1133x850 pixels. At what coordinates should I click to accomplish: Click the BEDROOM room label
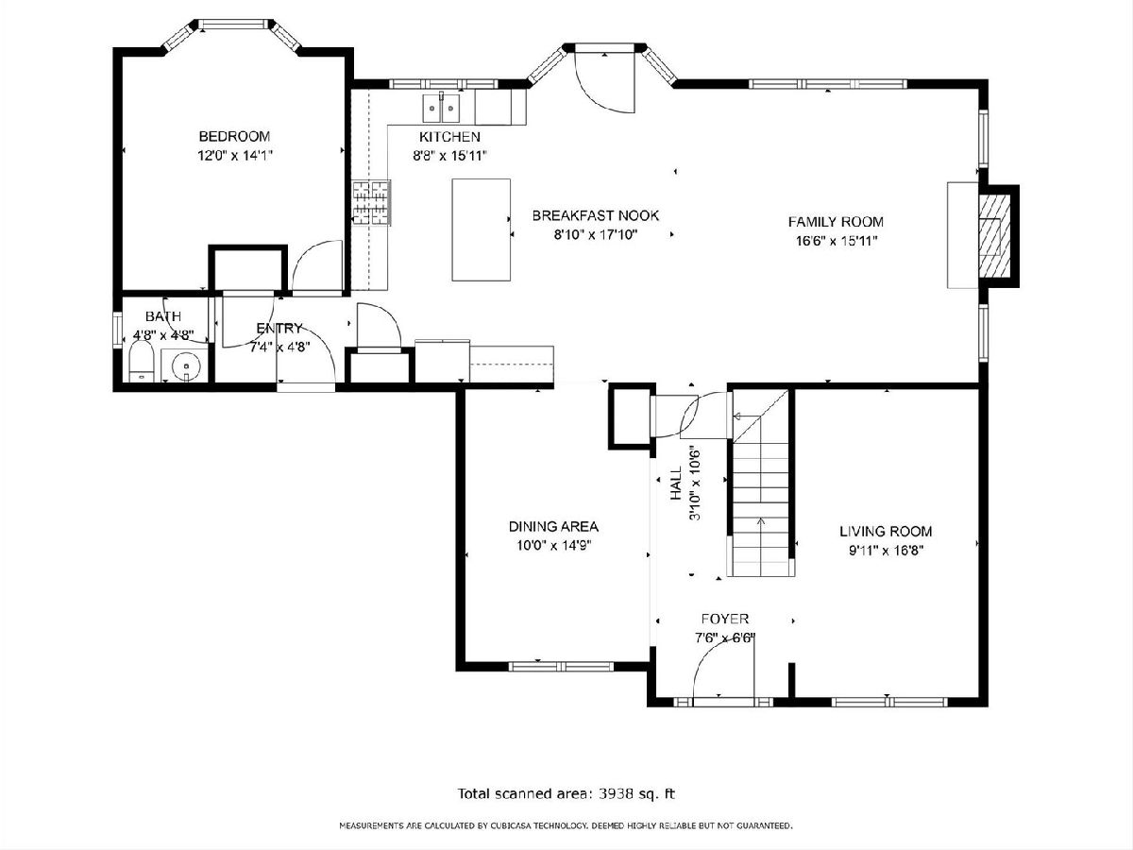coord(234,136)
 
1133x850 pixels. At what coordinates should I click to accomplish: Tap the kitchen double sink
coord(441,108)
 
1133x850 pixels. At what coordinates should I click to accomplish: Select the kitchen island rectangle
coord(482,229)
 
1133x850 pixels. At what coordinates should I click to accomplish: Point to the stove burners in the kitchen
coord(371,202)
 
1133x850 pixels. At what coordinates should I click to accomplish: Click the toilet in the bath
coord(142,361)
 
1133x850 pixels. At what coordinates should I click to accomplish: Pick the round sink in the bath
coord(186,365)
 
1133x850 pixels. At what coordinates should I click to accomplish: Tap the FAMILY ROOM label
coord(836,222)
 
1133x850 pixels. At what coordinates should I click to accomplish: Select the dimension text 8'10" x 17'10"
coord(596,235)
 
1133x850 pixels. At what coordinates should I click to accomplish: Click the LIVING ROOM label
coord(886,531)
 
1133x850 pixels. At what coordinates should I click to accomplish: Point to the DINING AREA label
coord(553,526)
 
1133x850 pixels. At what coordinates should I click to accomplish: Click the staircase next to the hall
coord(761,483)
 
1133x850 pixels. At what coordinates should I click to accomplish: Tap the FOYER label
coord(725,619)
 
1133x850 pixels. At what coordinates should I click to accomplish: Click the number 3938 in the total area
coord(616,792)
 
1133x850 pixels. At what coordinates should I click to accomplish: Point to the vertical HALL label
coord(676,484)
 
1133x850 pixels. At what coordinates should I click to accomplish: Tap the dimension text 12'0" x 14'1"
coord(234,155)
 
